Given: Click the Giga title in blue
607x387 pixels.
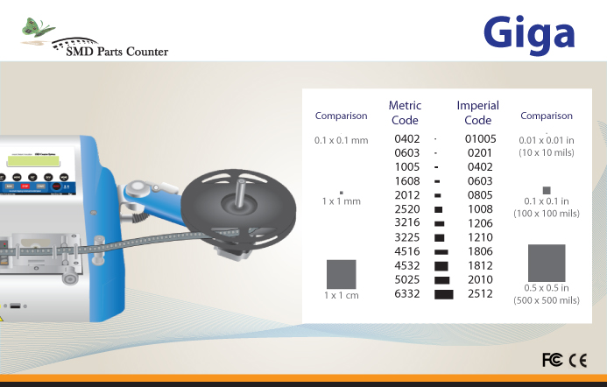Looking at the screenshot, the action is (529, 34).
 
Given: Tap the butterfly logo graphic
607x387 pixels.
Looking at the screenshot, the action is (37, 28).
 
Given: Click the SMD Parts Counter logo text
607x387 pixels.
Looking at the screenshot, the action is (116, 51).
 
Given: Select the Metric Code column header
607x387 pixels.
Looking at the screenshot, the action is (405, 113).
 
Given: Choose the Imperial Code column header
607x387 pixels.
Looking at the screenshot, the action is (477, 113).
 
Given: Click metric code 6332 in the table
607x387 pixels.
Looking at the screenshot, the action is (407, 293).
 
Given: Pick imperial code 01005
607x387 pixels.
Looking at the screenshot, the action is (480, 138).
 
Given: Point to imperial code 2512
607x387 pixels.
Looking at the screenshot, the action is (480, 293).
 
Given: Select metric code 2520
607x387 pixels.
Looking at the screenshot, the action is (407, 209).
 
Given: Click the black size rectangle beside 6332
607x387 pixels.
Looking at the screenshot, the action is (443, 294).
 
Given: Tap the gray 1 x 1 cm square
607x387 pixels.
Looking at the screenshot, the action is (341, 274).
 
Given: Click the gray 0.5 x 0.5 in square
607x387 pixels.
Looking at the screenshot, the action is (547, 263).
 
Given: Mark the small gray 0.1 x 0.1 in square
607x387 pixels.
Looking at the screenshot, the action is (547, 190).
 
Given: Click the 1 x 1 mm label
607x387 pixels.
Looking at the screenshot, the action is (341, 201).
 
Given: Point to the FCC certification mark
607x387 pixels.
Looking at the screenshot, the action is (553, 360).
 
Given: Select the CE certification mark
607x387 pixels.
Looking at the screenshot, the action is (578, 361).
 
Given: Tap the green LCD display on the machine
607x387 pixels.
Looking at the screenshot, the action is (33, 161).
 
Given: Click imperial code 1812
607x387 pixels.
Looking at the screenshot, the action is (480, 265).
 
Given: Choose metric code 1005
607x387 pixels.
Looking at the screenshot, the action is (407, 167).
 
